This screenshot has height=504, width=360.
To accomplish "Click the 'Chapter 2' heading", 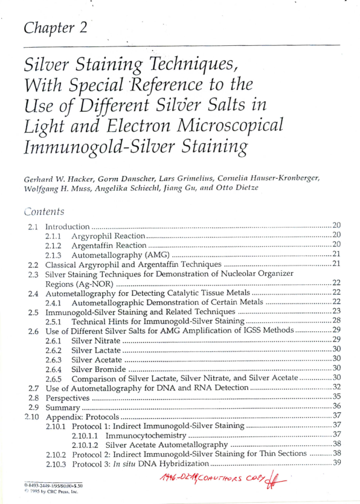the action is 58,28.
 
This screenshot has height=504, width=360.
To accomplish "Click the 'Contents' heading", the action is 44,212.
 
